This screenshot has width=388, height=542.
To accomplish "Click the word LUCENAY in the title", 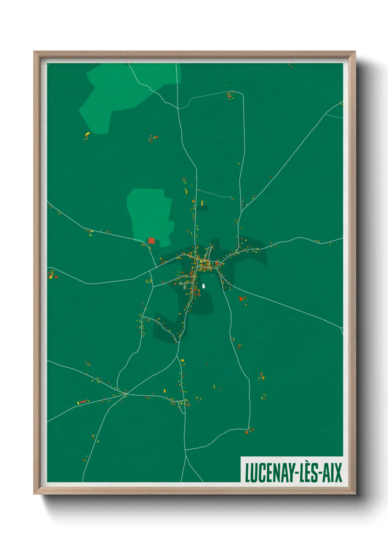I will click(268, 473).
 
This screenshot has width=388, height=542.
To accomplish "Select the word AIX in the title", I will click(332, 473).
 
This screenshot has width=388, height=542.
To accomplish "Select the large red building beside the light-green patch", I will click(151, 241).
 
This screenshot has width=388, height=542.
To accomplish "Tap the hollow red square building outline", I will click(197, 292).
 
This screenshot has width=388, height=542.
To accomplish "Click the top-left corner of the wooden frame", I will click(34, 52).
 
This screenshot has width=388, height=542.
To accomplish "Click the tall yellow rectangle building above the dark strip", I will click(202, 203).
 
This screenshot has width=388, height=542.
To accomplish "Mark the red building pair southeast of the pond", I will click(241, 299).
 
